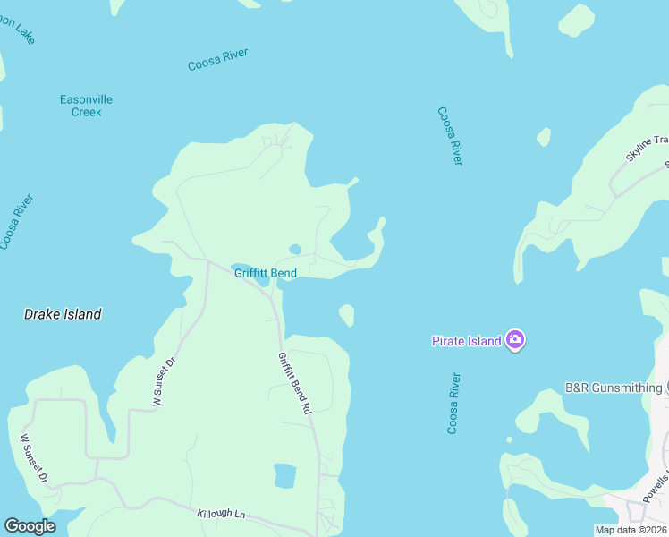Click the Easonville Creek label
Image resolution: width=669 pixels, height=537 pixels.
click(x=86, y=106)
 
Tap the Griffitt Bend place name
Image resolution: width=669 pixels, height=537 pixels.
click(x=265, y=273)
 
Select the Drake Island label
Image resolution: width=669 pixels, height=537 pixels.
click(x=62, y=314)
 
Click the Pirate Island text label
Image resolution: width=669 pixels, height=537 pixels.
click(x=466, y=341)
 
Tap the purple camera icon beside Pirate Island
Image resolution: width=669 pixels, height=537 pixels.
click(x=514, y=340)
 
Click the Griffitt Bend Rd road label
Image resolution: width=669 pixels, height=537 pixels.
click(x=293, y=382)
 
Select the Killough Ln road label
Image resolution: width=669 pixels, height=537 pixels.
click(x=220, y=516)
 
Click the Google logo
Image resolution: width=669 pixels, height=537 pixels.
click(x=30, y=526)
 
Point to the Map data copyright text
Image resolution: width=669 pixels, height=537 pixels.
click(x=631, y=530)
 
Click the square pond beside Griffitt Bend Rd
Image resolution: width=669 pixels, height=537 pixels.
click(x=284, y=475)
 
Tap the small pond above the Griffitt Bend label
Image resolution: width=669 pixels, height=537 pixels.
click(x=294, y=250)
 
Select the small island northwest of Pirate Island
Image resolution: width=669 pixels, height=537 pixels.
click(x=346, y=315)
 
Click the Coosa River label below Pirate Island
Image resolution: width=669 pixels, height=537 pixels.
click(x=454, y=404)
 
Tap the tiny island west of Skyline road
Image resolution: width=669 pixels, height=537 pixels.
click(x=543, y=137)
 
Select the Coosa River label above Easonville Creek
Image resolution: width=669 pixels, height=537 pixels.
click(x=217, y=60)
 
